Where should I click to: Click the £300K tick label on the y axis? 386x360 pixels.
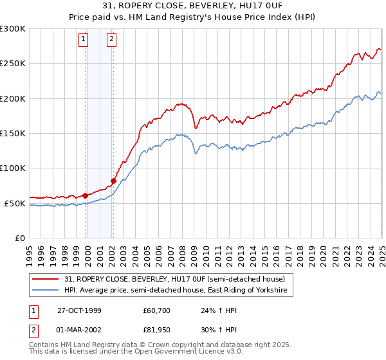coord(13,29)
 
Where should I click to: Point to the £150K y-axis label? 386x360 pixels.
coord(13,134)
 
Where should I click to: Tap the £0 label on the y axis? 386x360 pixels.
coord(19,239)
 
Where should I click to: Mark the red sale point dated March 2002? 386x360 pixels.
coord(113,181)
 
